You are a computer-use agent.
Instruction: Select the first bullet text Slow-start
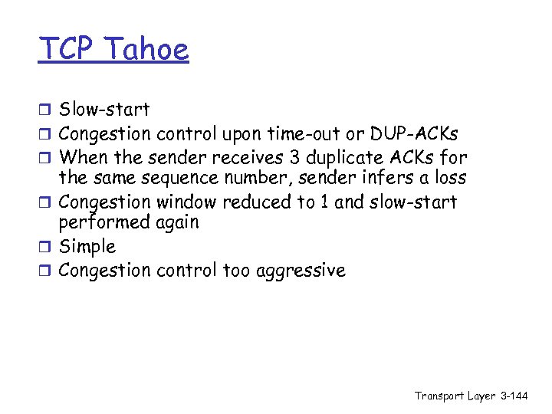coord(104,110)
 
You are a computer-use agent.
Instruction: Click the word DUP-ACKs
coord(415,134)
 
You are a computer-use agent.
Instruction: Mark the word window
coord(188,202)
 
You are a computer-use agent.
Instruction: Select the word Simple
coord(87,247)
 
